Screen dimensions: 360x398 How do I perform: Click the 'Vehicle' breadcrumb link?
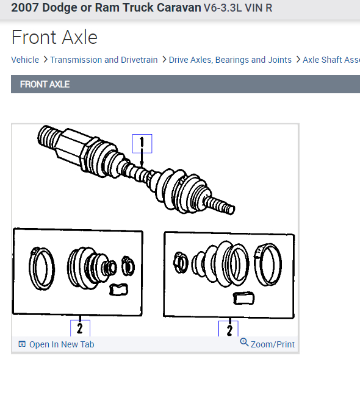click(25, 60)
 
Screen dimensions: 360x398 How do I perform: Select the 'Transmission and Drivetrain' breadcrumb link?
click(104, 60)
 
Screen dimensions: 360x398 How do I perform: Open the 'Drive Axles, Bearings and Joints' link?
click(230, 60)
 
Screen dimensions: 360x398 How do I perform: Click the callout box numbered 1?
click(142, 144)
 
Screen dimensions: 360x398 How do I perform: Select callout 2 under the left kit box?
click(80, 329)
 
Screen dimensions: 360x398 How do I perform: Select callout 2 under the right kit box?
click(228, 329)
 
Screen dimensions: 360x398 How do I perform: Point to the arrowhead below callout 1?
click(142, 165)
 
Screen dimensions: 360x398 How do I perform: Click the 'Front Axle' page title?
click(54, 37)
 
